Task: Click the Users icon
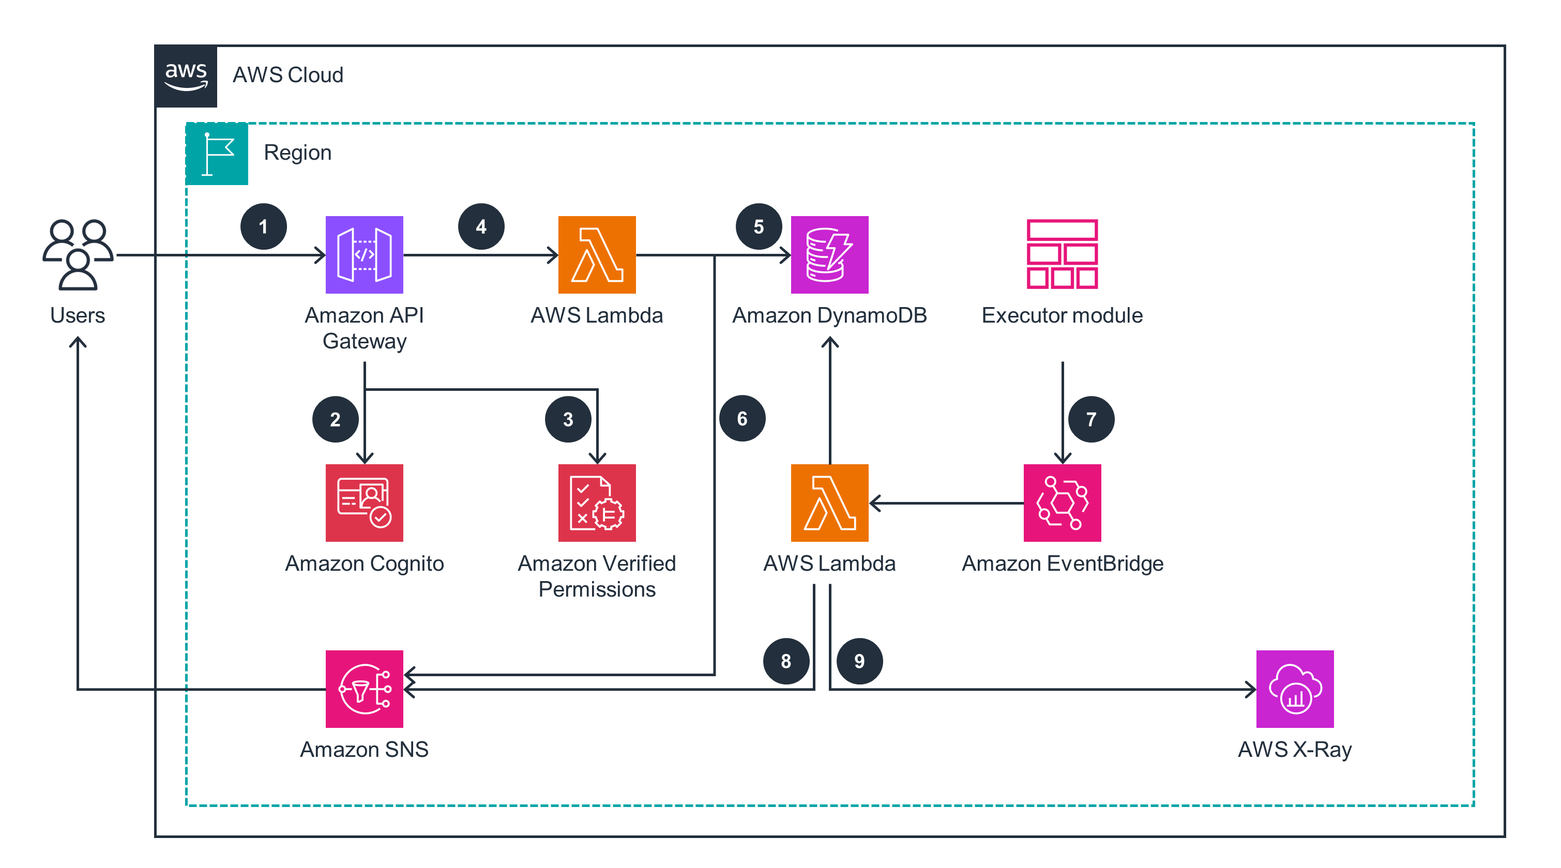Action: click(78, 254)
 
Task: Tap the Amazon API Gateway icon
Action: click(364, 254)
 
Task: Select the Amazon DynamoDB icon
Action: click(829, 254)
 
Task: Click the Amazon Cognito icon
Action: click(364, 502)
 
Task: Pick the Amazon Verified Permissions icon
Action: click(597, 502)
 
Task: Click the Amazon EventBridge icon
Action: click(1062, 502)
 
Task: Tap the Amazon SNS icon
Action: click(364, 689)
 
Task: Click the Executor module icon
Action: click(1062, 254)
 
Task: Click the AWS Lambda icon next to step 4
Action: click(597, 254)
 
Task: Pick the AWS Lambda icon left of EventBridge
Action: click(829, 502)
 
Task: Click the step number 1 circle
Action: click(263, 226)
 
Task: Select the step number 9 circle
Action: click(859, 661)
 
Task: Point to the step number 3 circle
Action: click(568, 419)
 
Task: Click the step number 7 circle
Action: click(1091, 419)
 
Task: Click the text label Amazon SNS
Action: click(364, 749)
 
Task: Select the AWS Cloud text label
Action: click(288, 75)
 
